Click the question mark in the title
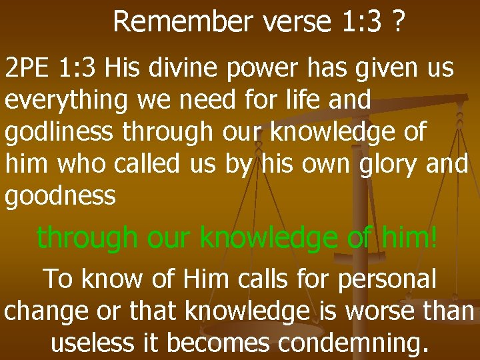pos(398,22)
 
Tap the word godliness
pos(60,133)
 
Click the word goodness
pos(61,197)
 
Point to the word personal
pos(387,279)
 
